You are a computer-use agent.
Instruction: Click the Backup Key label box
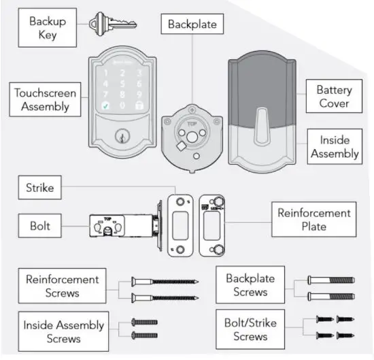(x=48, y=27)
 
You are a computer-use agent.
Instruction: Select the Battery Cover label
(x=333, y=97)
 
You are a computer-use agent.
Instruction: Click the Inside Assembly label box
(x=334, y=146)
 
